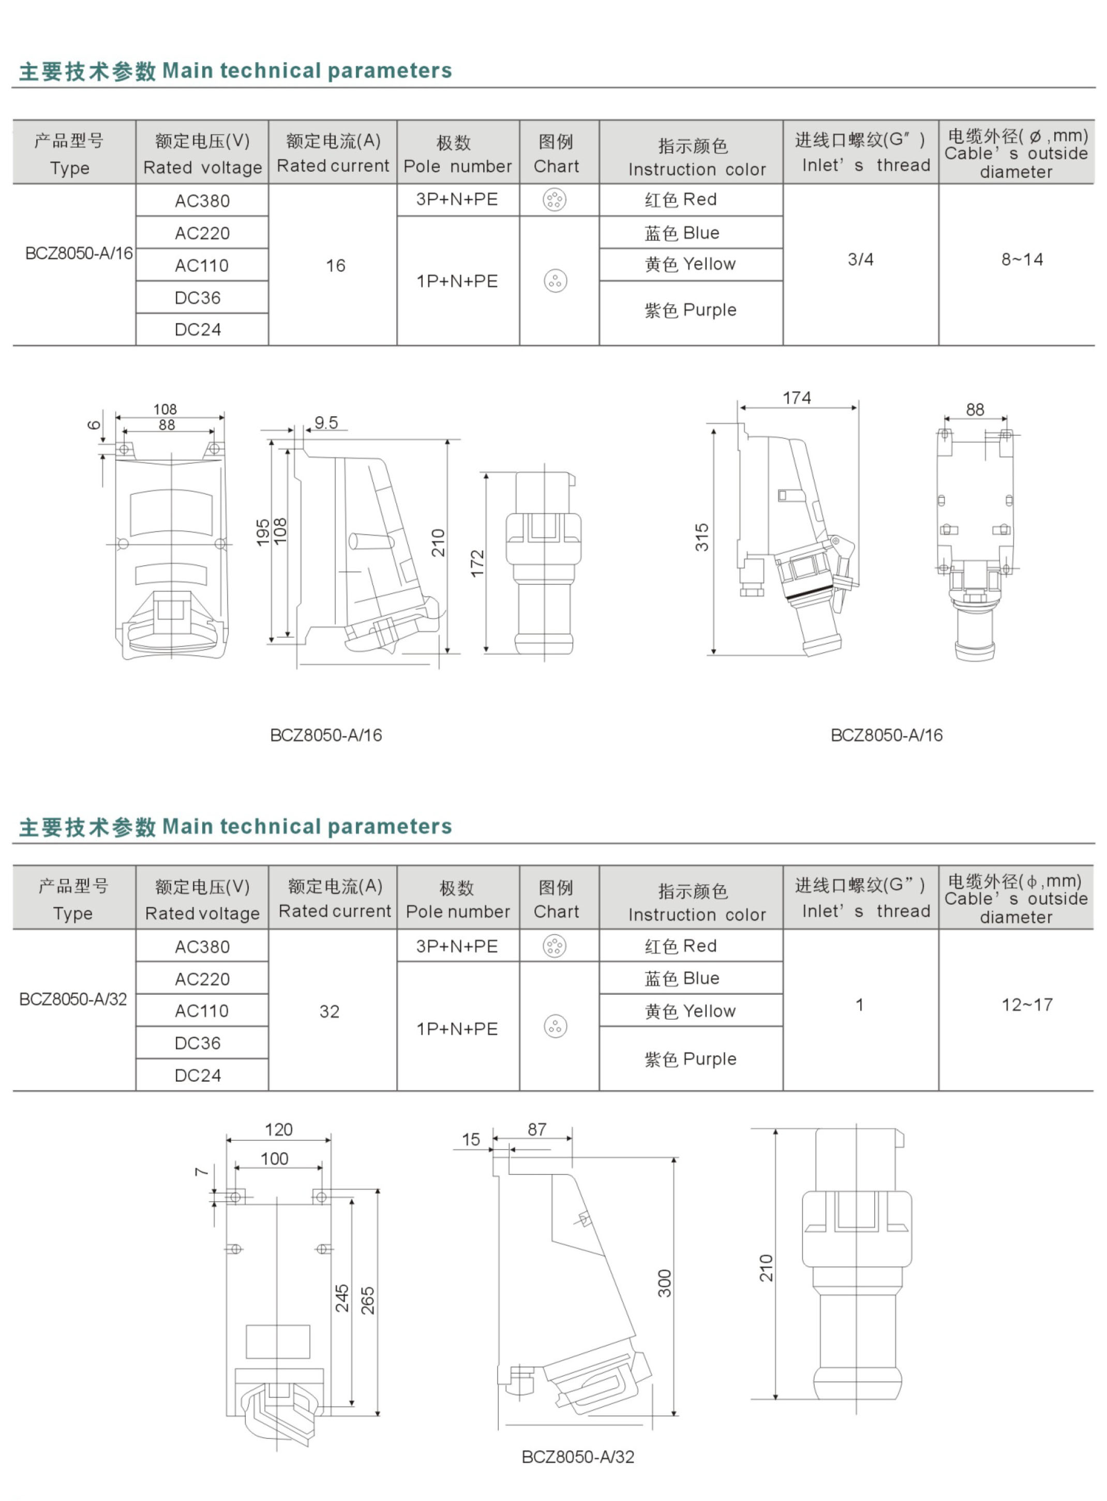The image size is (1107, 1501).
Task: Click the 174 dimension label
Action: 797,398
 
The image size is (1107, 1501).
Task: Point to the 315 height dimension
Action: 701,537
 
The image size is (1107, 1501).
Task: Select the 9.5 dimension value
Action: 326,422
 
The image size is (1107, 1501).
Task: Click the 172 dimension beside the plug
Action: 477,563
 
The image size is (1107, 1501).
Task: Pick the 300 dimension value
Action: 664,1283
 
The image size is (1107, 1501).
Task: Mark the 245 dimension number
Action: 342,1298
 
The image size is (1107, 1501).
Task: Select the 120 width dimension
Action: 278,1129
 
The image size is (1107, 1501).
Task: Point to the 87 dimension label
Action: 537,1129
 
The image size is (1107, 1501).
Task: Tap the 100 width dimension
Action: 274,1158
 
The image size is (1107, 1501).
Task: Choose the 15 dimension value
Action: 471,1140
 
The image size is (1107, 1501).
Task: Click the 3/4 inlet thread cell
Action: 860,259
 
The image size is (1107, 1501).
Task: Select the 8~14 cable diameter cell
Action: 1022,259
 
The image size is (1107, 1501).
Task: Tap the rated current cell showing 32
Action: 330,1011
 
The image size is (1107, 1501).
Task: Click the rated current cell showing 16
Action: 335,266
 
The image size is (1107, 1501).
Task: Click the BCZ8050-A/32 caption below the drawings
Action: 578,1457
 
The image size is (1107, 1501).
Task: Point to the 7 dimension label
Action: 201,1171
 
